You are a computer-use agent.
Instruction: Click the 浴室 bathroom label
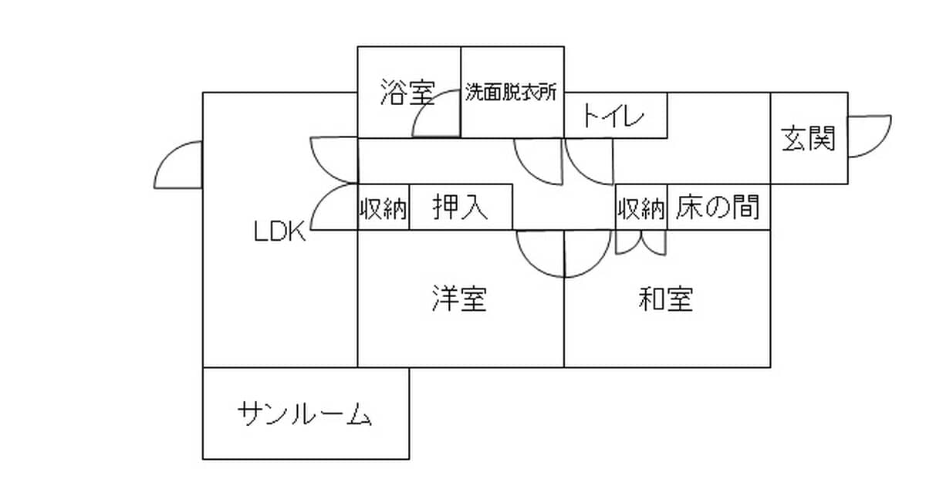(407, 92)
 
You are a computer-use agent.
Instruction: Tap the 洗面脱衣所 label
(512, 92)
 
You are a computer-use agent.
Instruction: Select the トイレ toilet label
(613, 115)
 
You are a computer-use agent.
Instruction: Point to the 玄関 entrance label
(808, 138)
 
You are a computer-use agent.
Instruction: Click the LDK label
(280, 231)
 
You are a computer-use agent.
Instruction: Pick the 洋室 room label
(459, 299)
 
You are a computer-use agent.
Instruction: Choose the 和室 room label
(665, 299)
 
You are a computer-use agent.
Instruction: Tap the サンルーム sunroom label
(305, 414)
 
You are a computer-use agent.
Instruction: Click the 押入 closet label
(460, 207)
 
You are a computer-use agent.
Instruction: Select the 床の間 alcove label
(718, 207)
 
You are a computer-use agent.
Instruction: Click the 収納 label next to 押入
(383, 208)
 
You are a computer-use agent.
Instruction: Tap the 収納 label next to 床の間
(641, 208)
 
